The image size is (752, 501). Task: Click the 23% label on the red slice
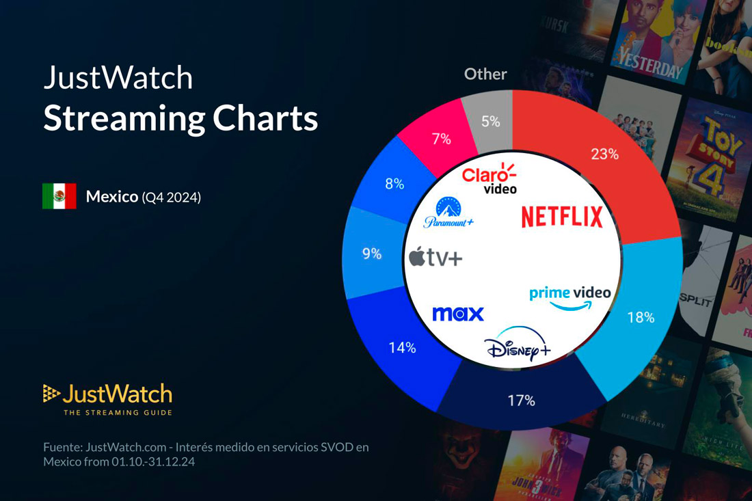click(604, 154)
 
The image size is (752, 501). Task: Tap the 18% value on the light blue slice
click(641, 317)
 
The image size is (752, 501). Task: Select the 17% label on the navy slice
click(521, 401)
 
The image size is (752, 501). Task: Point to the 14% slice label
click(402, 347)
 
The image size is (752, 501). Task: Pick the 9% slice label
click(372, 254)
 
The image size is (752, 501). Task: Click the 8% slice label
click(394, 184)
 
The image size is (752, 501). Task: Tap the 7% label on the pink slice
click(441, 139)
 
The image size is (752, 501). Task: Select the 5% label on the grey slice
click(490, 122)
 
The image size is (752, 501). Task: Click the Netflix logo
click(562, 217)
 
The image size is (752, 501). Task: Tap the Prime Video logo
click(570, 297)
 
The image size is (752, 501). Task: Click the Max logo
click(458, 314)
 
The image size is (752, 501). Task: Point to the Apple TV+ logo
click(435, 258)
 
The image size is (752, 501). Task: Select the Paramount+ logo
click(448, 213)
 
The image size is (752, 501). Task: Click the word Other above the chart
click(485, 74)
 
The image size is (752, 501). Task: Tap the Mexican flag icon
click(59, 196)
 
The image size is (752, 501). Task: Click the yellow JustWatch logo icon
click(51, 393)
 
